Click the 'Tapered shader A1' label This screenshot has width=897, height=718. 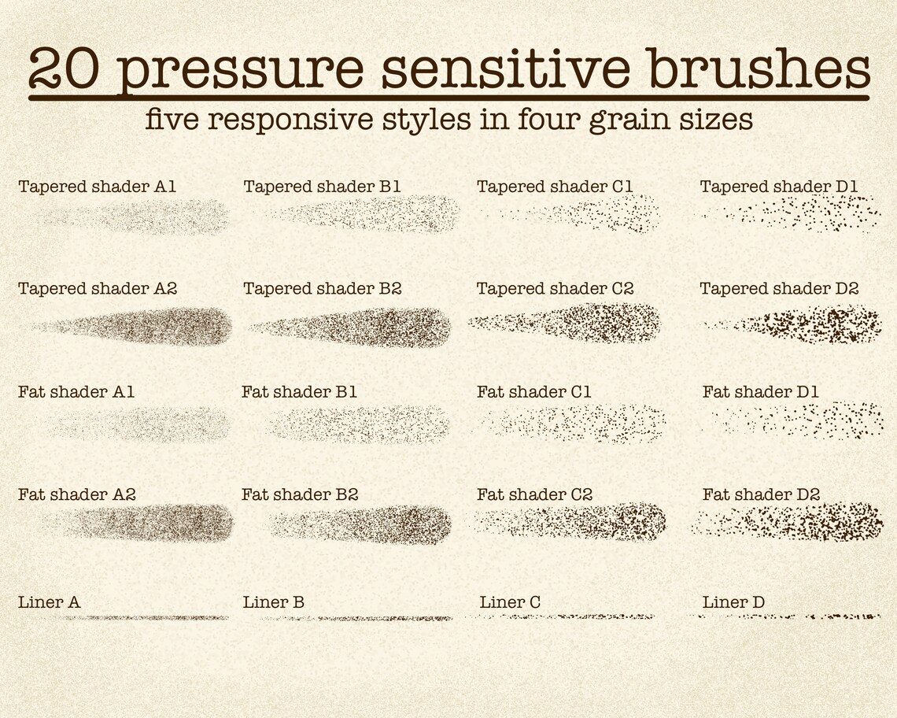click(x=97, y=187)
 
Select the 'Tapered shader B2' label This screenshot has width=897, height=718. click(x=323, y=290)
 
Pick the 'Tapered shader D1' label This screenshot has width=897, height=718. click(x=779, y=187)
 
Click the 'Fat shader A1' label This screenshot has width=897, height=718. click(x=76, y=392)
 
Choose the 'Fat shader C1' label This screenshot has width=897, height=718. click(x=533, y=392)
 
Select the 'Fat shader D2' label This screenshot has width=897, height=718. click(x=761, y=495)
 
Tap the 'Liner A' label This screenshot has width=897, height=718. click(x=49, y=603)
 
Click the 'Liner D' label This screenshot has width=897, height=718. click(x=733, y=603)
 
